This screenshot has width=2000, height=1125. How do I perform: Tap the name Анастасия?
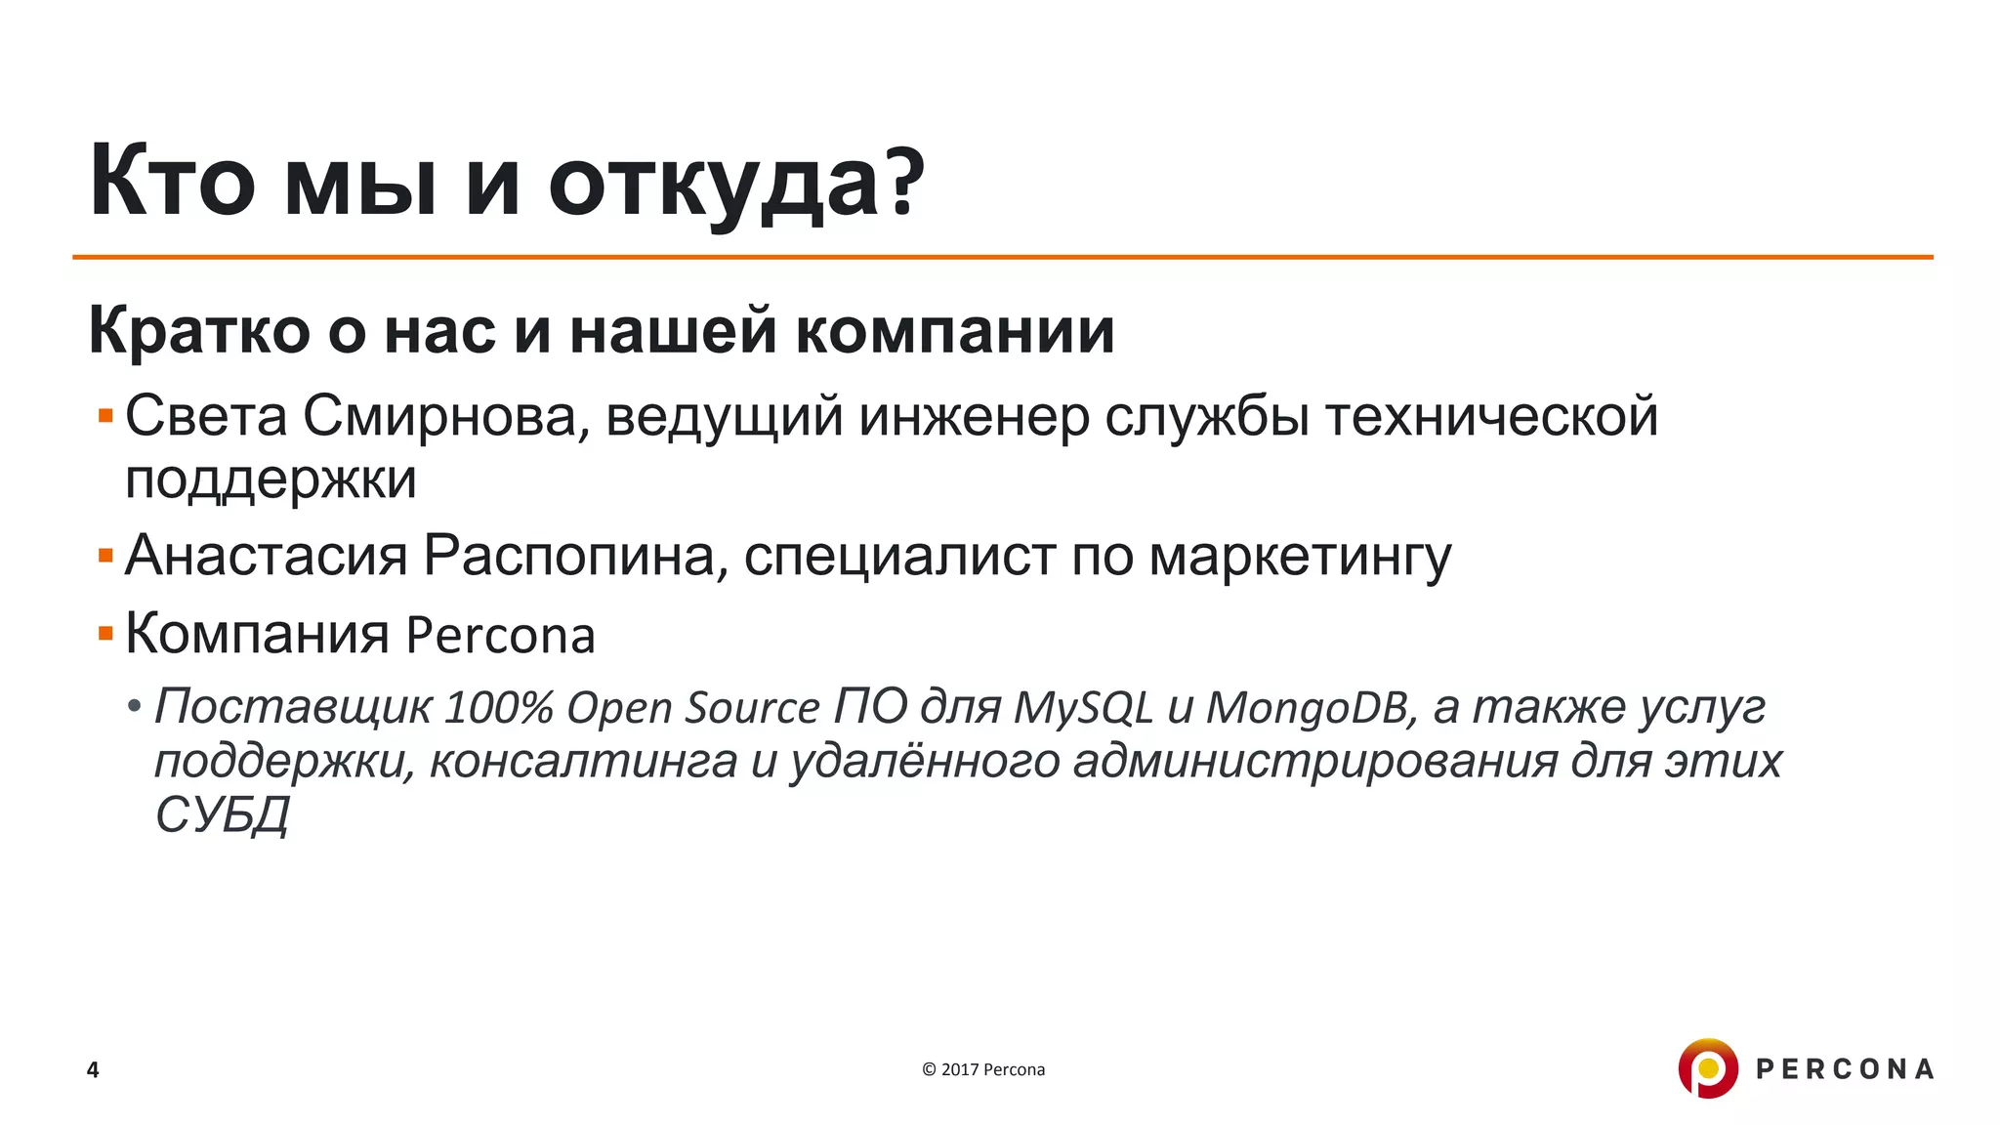coord(266,556)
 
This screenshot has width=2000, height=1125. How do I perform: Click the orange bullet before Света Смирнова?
coord(105,417)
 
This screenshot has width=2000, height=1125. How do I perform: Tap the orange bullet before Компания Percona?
coord(105,635)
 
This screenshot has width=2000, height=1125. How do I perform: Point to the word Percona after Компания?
coord(500,636)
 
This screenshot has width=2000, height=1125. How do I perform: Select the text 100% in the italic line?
coord(498,707)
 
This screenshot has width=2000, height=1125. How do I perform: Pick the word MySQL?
coord(1083,707)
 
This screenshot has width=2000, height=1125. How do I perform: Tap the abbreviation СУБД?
coord(222,814)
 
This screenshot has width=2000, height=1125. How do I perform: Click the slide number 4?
coord(93,1069)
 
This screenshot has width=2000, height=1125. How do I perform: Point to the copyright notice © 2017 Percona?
coord(983,1069)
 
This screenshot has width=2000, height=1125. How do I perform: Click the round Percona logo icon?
coord(1707,1068)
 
